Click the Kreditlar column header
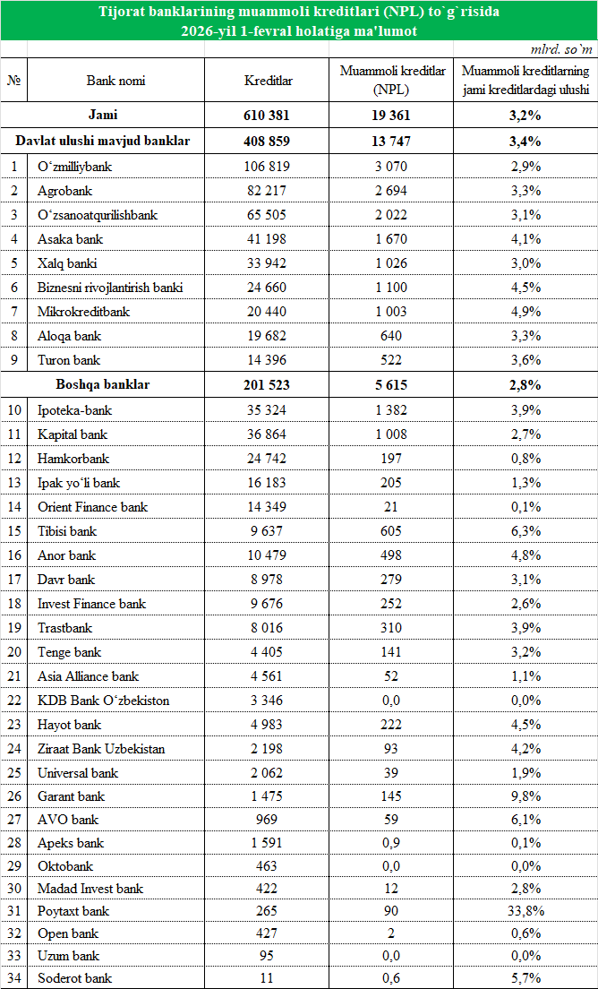point(268,81)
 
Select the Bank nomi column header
point(115,81)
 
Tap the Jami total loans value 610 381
point(268,116)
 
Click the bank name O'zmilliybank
point(75,167)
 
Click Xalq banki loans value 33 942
point(268,263)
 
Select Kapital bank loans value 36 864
point(268,434)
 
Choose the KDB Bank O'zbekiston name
point(104,700)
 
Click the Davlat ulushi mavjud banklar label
point(103,142)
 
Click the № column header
point(14,81)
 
